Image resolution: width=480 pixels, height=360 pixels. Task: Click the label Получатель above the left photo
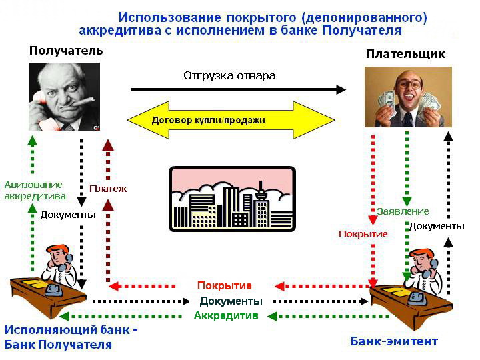[66, 51]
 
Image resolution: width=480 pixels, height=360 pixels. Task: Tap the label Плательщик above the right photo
[405, 54]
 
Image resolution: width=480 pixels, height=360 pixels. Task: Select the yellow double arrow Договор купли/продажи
[231, 120]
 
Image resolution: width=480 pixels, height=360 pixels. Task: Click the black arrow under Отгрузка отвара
[238, 90]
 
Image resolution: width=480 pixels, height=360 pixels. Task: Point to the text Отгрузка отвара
[229, 75]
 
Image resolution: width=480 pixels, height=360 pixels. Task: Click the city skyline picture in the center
[232, 199]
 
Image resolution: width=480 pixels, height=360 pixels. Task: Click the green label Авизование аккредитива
[35, 191]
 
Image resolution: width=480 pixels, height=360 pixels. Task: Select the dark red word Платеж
[108, 189]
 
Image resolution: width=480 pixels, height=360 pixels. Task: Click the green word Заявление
[403, 211]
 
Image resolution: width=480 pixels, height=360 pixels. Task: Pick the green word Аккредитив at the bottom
[226, 315]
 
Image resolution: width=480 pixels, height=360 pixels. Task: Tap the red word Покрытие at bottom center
[225, 285]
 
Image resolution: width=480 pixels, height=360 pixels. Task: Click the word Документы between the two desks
[231, 301]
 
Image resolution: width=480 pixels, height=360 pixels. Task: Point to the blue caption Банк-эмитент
[394, 341]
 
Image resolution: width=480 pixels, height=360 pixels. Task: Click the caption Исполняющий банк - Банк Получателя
[71, 337]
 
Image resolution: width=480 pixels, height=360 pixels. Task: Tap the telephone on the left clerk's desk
[54, 289]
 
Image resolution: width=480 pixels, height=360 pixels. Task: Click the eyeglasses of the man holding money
[409, 84]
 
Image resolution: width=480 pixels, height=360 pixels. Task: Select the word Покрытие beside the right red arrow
[363, 234]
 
